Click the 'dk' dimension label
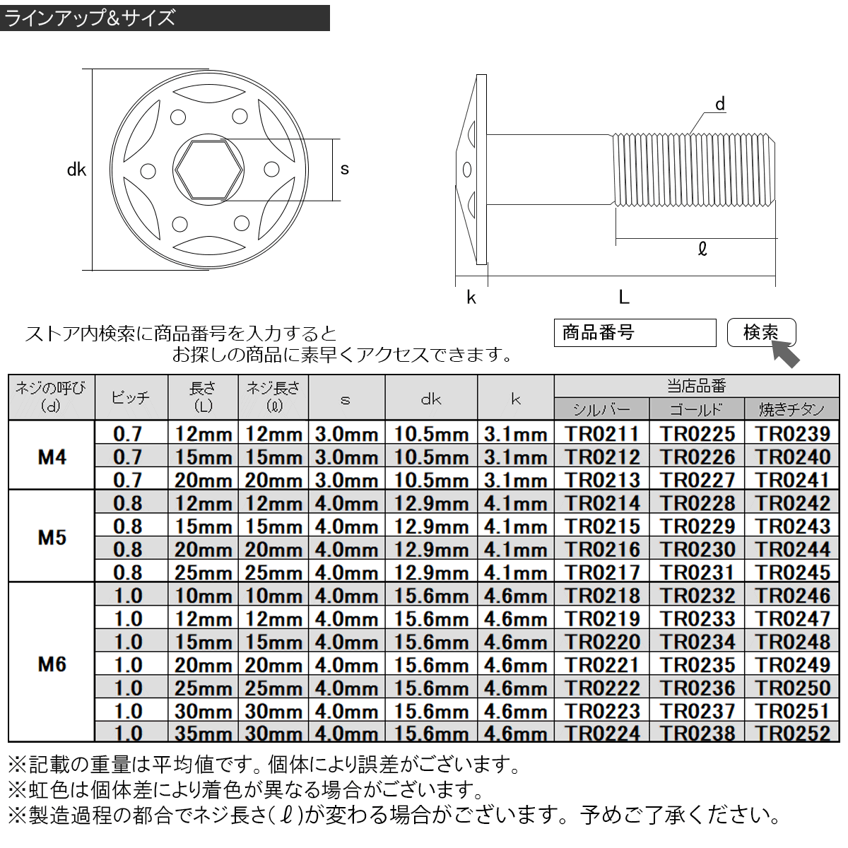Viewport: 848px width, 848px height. click(76, 170)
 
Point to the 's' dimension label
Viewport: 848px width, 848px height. click(345, 169)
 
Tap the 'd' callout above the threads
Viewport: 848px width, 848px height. click(719, 105)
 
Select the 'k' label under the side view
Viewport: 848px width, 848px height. click(471, 298)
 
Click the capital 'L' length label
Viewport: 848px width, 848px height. click(623, 298)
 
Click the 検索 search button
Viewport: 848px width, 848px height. click(761, 332)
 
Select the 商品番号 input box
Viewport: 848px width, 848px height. click(635, 332)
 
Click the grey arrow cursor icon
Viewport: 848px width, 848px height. click(786, 353)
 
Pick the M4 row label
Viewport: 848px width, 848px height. click(52, 457)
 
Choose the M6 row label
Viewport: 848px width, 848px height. click(52, 664)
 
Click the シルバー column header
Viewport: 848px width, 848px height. click(601, 409)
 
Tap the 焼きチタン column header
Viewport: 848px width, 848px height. click(791, 409)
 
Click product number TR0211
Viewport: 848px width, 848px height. click(602, 434)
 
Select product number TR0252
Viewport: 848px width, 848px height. click(791, 734)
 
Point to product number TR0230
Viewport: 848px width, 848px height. click(697, 549)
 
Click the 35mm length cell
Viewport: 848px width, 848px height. click(203, 734)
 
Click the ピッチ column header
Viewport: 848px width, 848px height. click(131, 399)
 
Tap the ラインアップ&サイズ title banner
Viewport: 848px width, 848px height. click(165, 17)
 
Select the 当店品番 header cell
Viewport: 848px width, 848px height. click(696, 386)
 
